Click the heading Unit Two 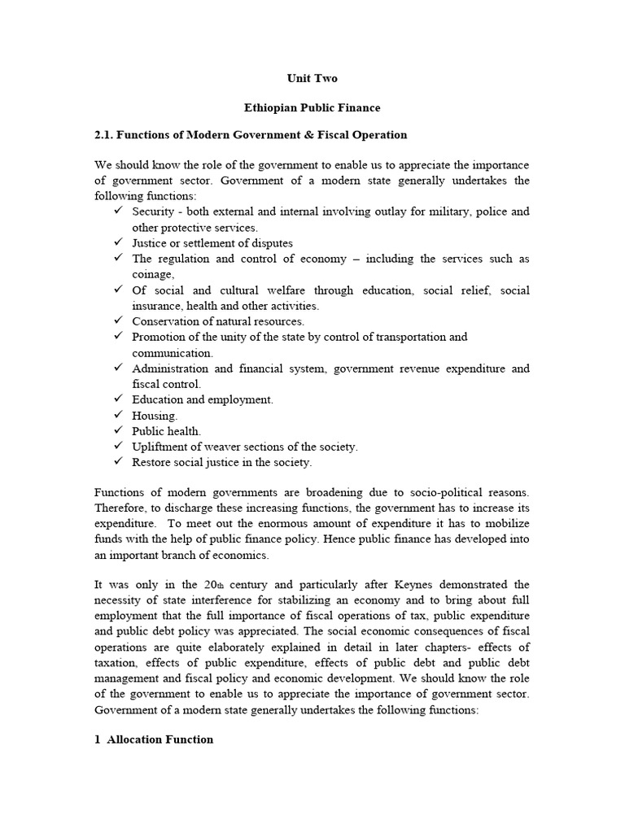click(x=312, y=79)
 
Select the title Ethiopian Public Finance click(x=312, y=107)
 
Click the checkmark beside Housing click(x=119, y=416)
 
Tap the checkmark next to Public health click(x=119, y=431)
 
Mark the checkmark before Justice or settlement click(x=119, y=243)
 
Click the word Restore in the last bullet click(x=152, y=462)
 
